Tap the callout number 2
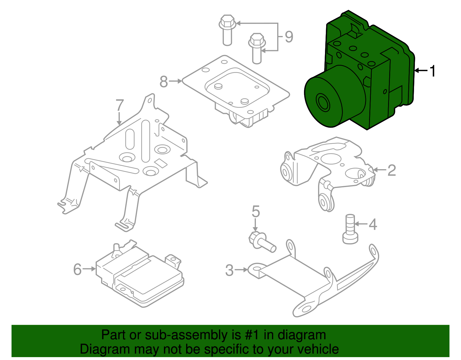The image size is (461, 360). pos(392,170)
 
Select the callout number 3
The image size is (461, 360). pos(229,270)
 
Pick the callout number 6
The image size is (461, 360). pos(78,269)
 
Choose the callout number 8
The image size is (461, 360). pos(164,82)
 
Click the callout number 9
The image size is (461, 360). pos(289,37)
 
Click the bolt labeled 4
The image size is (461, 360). pos(350,229)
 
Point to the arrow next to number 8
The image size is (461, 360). pos(175,81)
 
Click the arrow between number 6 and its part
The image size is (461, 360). pos(89,269)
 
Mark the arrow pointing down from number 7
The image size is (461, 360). pos(119,118)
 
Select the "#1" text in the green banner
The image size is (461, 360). pos(252,335)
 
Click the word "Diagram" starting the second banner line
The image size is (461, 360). pos(105,349)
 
